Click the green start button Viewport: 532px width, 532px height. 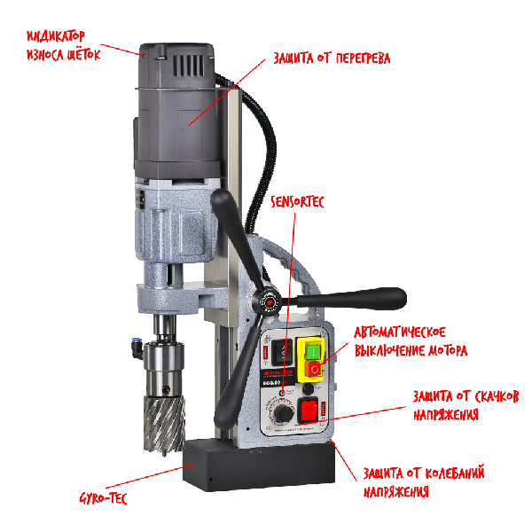pyautogui.click(x=312, y=352)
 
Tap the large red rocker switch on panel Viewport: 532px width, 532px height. pyautogui.click(x=308, y=410)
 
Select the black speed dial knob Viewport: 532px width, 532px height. pyautogui.click(x=283, y=412)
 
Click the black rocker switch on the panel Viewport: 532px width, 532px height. pyautogui.click(x=283, y=352)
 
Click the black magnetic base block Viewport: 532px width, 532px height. pyautogui.click(x=259, y=465)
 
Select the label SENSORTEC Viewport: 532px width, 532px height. pyautogui.click(x=297, y=202)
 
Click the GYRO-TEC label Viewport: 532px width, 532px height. pyautogui.click(x=103, y=498)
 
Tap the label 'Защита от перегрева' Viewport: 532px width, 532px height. pyautogui.click(x=332, y=58)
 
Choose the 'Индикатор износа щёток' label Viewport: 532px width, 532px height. pyautogui.click(x=64, y=45)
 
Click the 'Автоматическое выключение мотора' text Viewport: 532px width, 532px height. pyautogui.click(x=411, y=341)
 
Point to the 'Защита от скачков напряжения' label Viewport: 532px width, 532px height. pyautogui.click(x=465, y=405)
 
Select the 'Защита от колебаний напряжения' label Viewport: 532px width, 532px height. pyautogui.click(x=424, y=481)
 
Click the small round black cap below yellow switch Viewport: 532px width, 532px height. pyautogui.click(x=308, y=388)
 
